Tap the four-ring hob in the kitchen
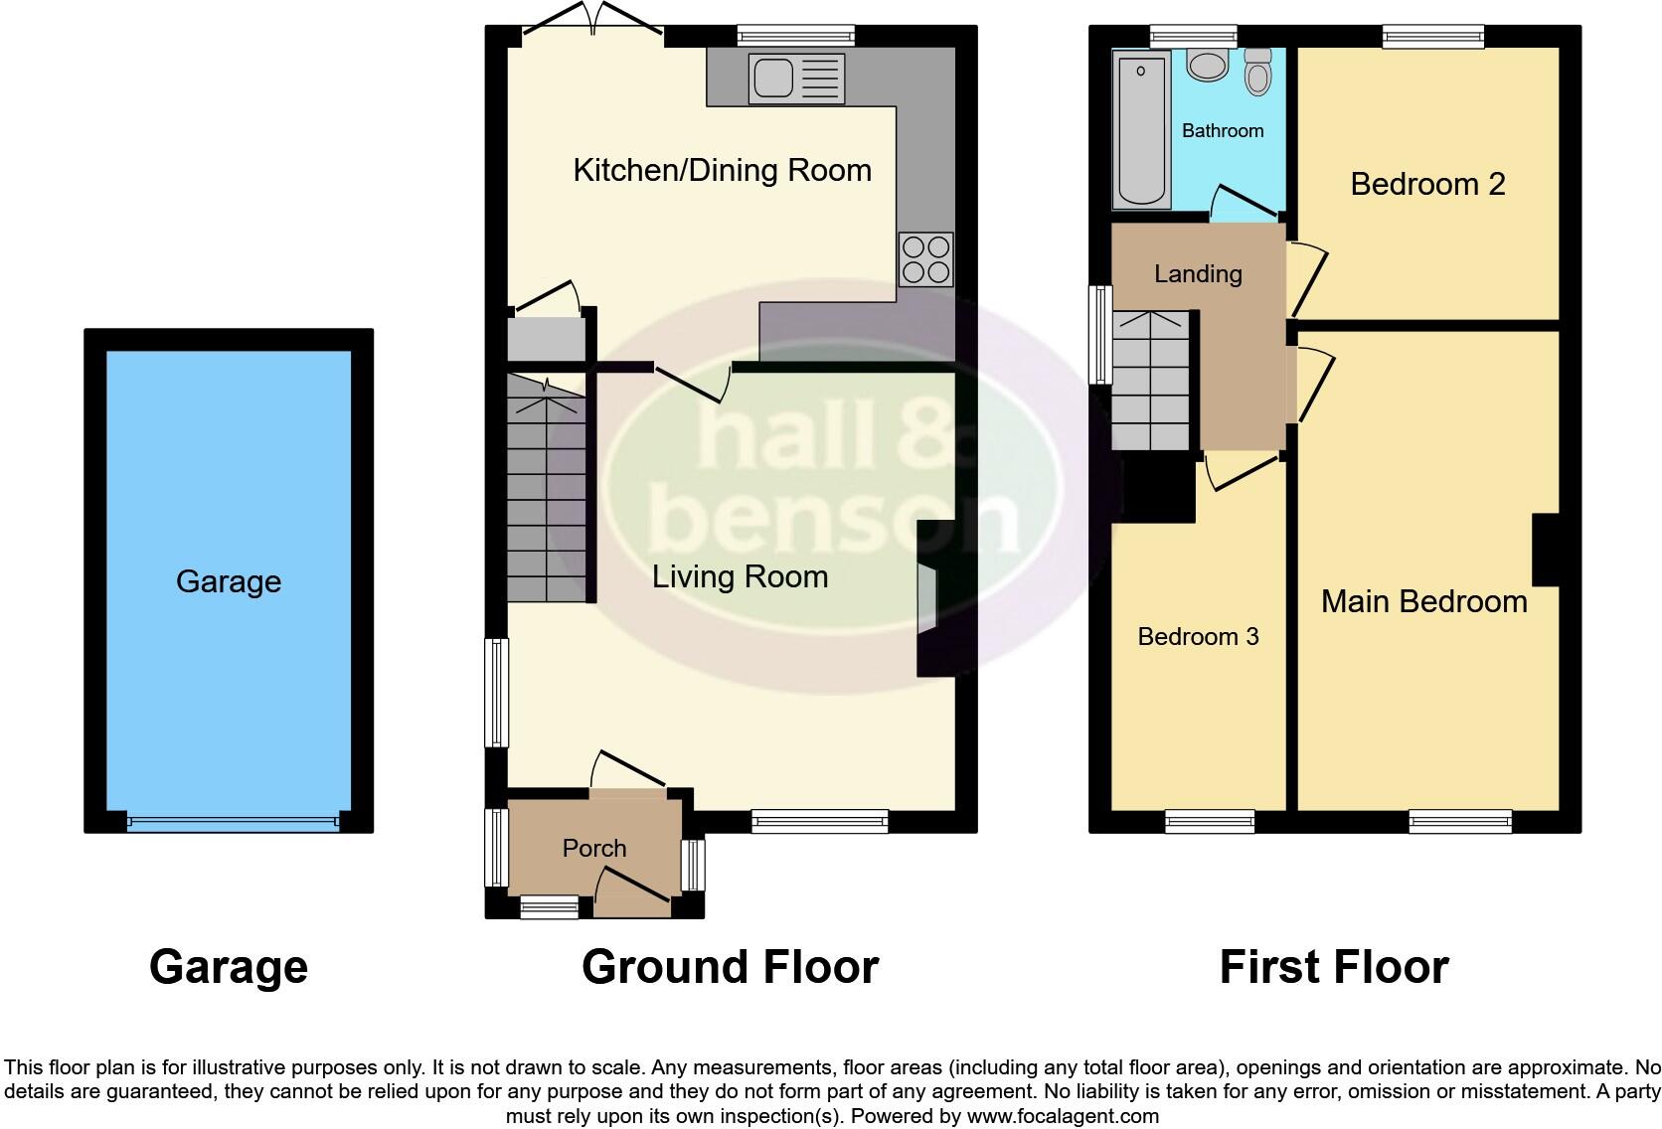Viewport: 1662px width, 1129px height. click(925, 258)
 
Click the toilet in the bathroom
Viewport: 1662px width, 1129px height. click(1258, 72)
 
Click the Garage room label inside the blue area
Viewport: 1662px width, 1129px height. click(229, 581)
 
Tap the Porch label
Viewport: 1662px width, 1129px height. click(594, 848)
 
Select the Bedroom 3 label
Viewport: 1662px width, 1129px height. click(1198, 636)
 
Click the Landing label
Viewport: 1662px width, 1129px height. click(1198, 273)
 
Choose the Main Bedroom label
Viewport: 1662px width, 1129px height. click(1423, 601)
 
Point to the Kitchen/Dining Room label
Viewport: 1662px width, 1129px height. click(723, 170)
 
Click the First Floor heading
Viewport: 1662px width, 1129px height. click(1333, 967)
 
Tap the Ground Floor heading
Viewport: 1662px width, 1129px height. click(730, 967)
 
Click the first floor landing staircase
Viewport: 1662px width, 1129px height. click(1151, 381)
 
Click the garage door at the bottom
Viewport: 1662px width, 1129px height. click(233, 822)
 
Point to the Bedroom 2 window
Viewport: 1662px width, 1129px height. click(1432, 37)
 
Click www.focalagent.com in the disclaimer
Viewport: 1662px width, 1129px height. click(1062, 1116)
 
